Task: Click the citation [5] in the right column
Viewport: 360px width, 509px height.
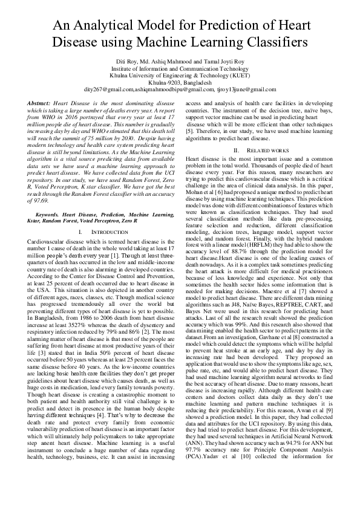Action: (189, 131)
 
